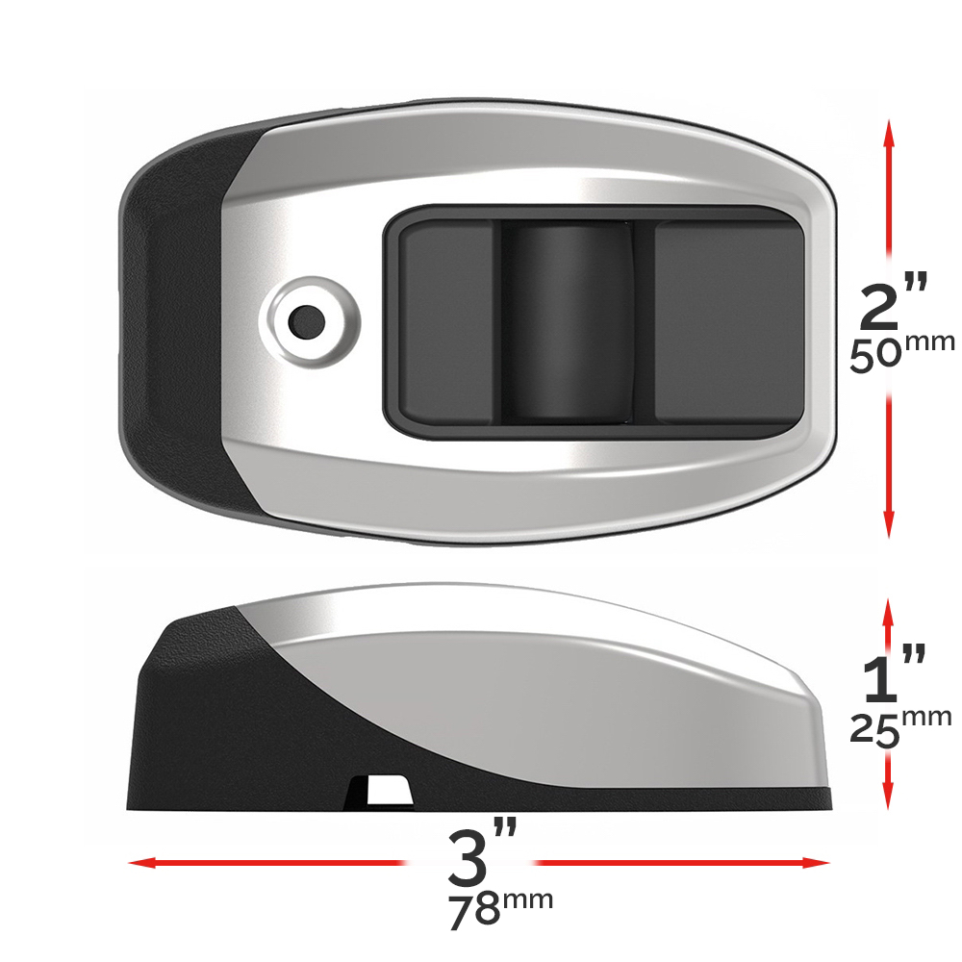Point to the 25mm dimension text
tap(900, 727)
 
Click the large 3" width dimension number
tap(482, 855)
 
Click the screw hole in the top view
tap(306, 321)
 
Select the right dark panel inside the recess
tap(729, 321)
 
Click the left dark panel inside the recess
tap(446, 322)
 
